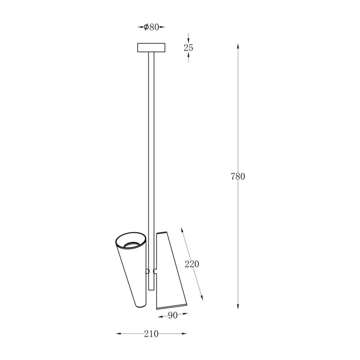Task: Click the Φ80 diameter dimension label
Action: [151, 27]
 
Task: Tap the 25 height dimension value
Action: [188, 48]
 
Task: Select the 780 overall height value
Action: [238, 176]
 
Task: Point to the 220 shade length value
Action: [192, 264]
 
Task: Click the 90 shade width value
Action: [173, 315]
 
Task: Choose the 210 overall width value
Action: [151, 334]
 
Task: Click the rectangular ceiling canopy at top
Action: [151, 48]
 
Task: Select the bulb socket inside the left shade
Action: [131, 245]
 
